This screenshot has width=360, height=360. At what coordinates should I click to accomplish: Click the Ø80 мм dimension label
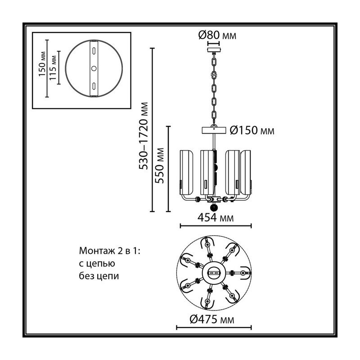tap(217, 35)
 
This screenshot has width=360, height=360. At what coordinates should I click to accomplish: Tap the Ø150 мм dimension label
tap(252, 130)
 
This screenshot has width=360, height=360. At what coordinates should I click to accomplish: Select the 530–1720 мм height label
tap(144, 136)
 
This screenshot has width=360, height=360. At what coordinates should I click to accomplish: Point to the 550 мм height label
tap(159, 165)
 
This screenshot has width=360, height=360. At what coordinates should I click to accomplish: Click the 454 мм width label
tap(216, 217)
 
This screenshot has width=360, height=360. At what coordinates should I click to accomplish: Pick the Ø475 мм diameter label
tap(212, 319)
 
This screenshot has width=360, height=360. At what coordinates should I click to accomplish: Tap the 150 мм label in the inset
tap(42, 64)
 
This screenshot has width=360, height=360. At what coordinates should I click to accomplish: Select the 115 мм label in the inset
tap(53, 67)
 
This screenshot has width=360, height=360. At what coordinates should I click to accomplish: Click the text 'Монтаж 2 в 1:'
tap(109, 251)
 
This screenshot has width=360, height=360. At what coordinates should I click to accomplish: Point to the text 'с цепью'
tap(97, 263)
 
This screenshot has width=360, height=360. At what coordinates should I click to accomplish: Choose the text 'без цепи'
tap(99, 275)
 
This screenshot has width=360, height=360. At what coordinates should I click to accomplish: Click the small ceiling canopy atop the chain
tap(214, 50)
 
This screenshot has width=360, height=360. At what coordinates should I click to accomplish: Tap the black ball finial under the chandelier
tap(214, 207)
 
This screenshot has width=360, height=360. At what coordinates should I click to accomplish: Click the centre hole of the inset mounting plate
tap(94, 68)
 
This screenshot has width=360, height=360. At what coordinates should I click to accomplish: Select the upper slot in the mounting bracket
tap(94, 51)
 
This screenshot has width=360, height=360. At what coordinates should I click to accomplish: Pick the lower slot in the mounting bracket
tap(94, 85)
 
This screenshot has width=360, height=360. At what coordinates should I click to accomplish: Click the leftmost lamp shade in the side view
tap(186, 173)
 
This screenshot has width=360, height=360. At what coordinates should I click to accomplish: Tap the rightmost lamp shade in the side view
tap(245, 173)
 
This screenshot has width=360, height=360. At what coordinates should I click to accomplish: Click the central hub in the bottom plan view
tap(214, 273)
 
